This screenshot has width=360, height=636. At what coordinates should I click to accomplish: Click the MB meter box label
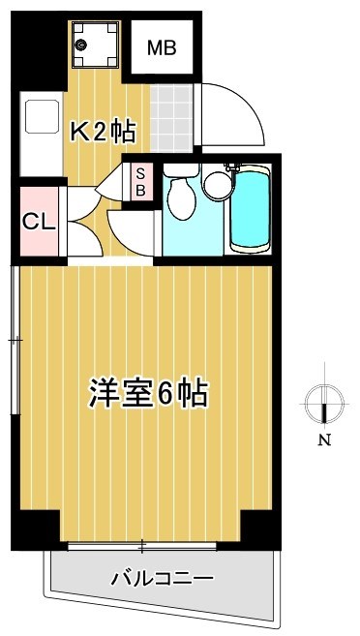tap(162, 48)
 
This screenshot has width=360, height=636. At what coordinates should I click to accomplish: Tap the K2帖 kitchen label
tap(101, 133)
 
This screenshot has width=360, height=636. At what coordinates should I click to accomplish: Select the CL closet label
tap(37, 222)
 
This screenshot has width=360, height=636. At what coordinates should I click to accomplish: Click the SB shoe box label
tap(140, 181)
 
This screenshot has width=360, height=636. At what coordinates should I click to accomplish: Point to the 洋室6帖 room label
tap(149, 394)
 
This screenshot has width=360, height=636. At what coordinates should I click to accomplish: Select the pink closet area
tap(37, 223)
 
